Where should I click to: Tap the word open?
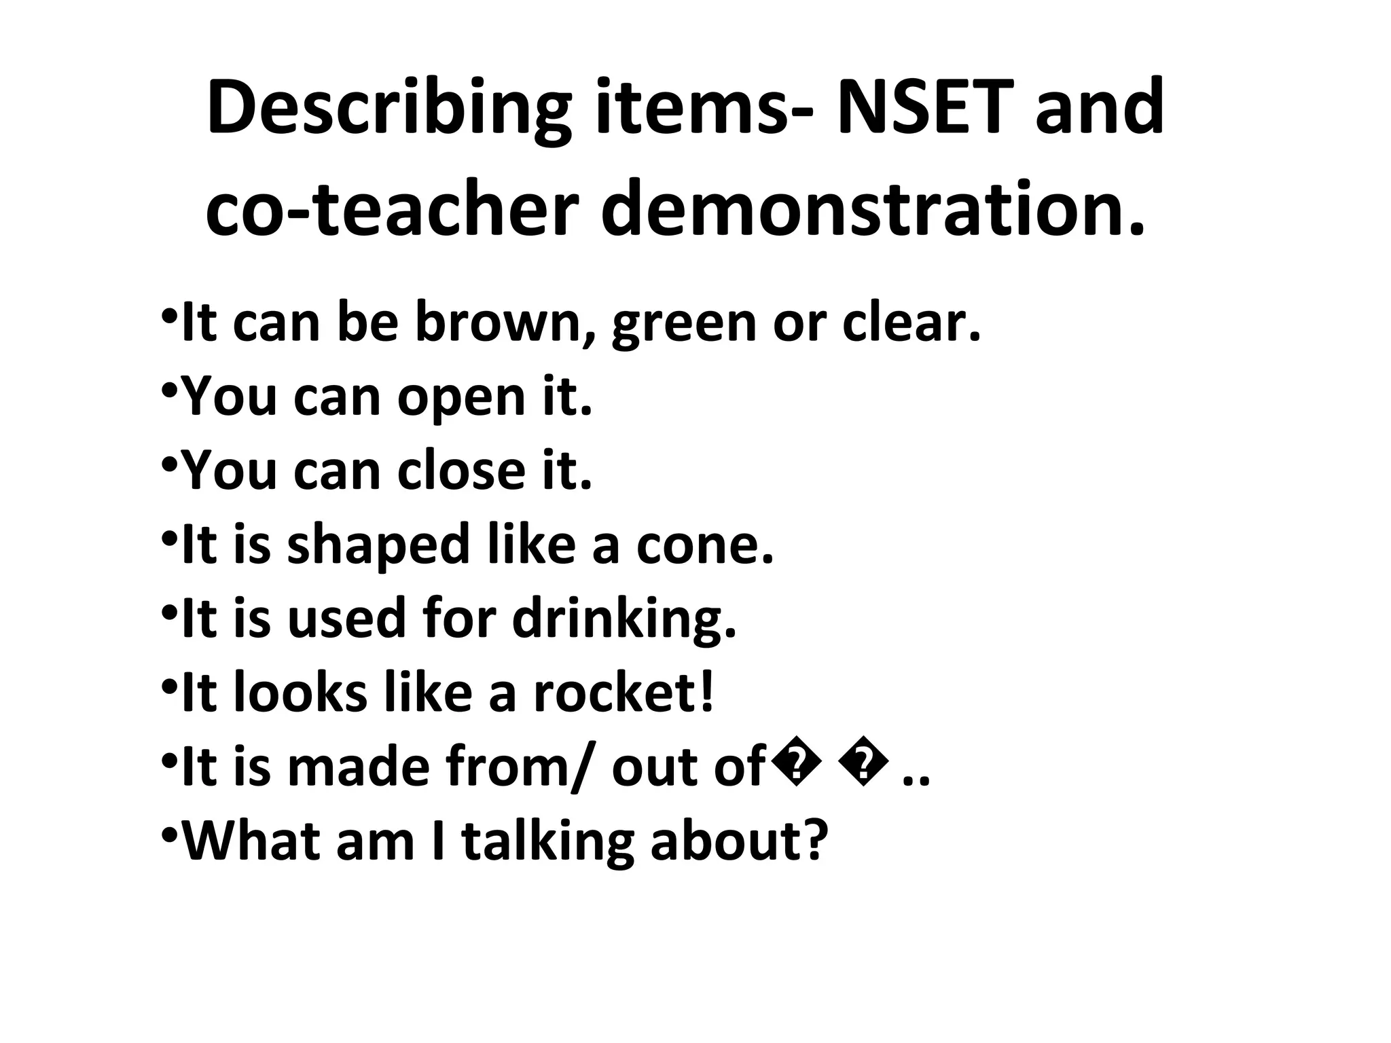(461, 399)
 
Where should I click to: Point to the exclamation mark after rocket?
(707, 693)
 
